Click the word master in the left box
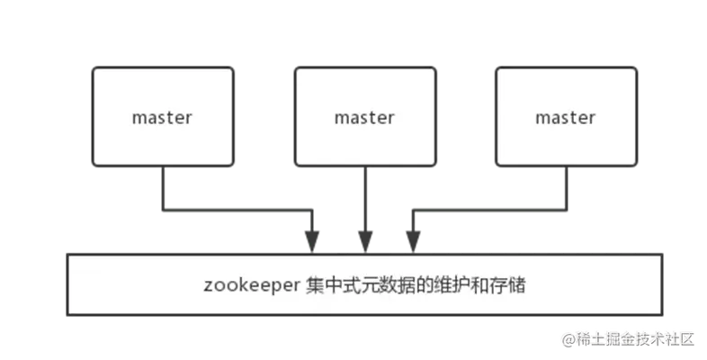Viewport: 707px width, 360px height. pos(162,117)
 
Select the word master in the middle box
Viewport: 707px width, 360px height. pos(364,117)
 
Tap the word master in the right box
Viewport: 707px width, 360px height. pos(565,117)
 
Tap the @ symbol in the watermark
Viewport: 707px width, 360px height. pos(568,338)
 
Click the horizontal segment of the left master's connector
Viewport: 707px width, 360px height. pos(238,211)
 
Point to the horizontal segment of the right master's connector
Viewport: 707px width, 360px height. pos(490,211)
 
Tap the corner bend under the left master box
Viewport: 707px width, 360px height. pos(163,211)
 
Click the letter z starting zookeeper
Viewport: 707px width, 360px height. pos(208,287)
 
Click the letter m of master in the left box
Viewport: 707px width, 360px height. pos(139,118)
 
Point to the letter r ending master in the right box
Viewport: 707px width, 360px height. pos(591,118)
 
